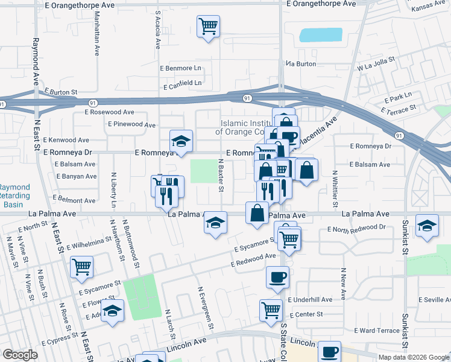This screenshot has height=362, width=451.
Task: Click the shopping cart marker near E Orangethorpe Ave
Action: click(208, 26)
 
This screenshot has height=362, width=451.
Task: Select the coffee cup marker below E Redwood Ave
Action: click(277, 278)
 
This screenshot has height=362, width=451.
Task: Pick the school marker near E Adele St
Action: click(112, 311)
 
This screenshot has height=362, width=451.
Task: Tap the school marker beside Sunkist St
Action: click(427, 227)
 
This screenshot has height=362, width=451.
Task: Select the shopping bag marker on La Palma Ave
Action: click(257, 213)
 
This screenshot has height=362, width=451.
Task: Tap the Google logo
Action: click(20, 355)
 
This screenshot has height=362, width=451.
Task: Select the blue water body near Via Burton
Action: click(320, 35)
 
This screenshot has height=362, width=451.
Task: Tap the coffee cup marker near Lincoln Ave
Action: click(330, 352)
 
